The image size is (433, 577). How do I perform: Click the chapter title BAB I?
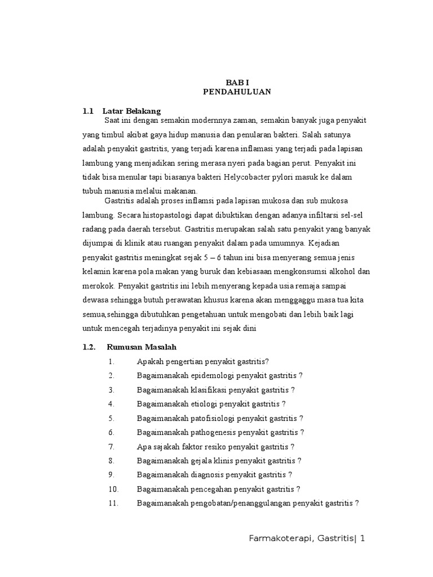[237, 82]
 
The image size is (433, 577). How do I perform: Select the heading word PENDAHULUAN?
[237, 92]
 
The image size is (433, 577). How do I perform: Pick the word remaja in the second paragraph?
[324, 286]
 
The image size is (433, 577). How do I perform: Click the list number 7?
[112, 447]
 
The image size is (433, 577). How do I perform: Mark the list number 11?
[113, 504]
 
